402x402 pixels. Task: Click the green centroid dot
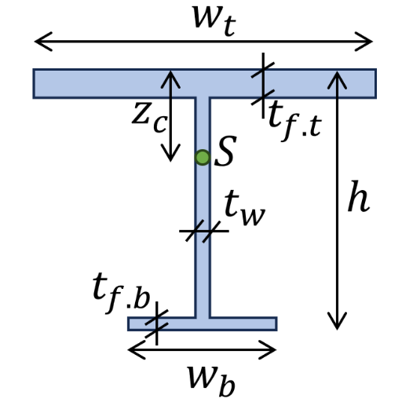pos(203,157)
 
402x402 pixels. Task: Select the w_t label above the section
pos(214,20)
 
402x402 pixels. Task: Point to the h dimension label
pos(358,196)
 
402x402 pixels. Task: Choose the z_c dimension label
pos(149,117)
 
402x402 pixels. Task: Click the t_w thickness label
pos(244,207)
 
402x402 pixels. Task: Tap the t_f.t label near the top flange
pos(294,121)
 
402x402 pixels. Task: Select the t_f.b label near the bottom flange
pos(122,293)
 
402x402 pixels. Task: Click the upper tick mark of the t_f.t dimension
pos(263,70)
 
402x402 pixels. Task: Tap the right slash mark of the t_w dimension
pos(211,232)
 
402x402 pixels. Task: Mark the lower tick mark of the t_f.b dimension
pos(156,331)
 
